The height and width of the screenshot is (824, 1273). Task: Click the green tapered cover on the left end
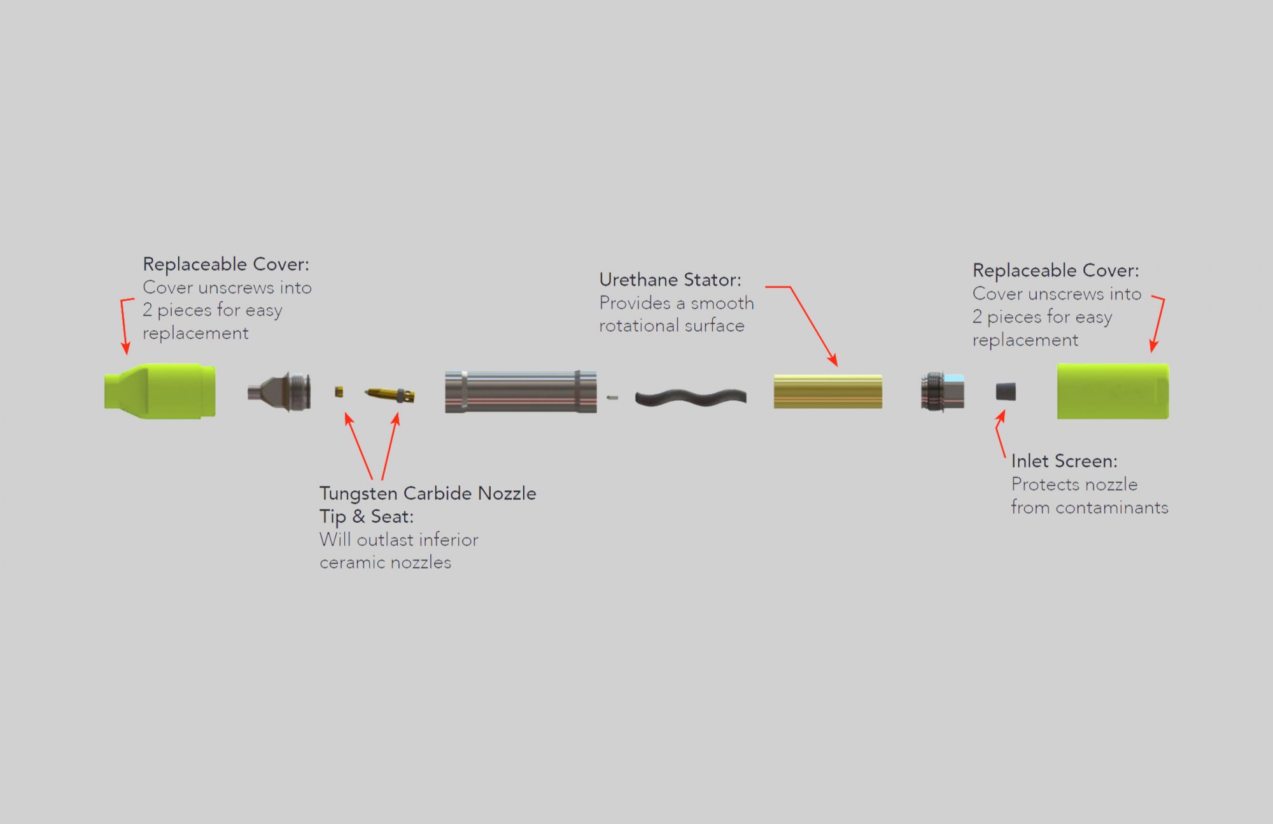tap(160, 391)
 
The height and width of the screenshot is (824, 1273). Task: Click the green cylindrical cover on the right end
tap(1113, 391)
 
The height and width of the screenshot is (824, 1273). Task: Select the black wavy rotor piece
tap(691, 398)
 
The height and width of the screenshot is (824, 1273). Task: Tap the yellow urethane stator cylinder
tap(827, 391)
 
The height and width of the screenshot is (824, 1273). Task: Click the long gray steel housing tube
tap(521, 392)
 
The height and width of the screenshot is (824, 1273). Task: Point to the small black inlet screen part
tap(1006, 392)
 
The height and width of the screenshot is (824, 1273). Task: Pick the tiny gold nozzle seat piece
tap(339, 391)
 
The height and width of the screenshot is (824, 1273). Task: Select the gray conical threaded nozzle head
tap(280, 392)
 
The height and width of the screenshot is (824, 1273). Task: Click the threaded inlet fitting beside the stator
tap(942, 391)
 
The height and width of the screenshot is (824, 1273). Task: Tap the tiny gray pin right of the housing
tap(612, 398)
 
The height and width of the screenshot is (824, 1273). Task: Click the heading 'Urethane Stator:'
tap(670, 280)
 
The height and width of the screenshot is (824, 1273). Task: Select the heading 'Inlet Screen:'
tap(1064, 460)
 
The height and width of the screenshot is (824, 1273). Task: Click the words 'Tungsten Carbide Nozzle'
tap(428, 493)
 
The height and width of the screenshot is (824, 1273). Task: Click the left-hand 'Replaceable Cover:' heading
tap(225, 264)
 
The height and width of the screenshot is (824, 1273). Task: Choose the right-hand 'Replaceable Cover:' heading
tap(1055, 270)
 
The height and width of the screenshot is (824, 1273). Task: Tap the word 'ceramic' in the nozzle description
tap(352, 562)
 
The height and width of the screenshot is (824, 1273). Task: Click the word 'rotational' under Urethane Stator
tap(638, 325)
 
